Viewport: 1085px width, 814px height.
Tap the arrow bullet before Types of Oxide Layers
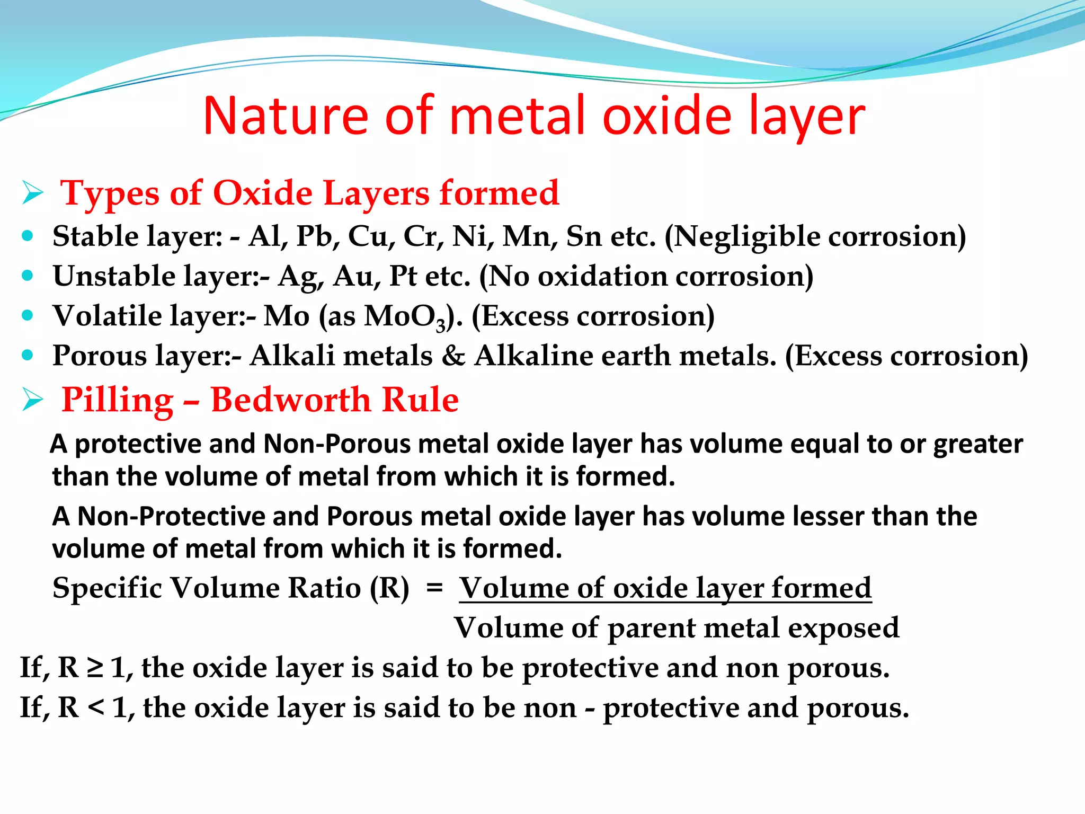point(32,193)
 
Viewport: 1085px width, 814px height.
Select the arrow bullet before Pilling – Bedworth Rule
point(32,400)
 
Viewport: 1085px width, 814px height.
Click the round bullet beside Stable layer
point(28,236)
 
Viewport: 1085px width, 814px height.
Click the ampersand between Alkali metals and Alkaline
point(453,356)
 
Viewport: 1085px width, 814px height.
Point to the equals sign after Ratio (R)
point(434,587)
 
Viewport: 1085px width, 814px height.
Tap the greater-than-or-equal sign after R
point(94,668)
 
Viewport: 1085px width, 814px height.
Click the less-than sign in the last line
point(95,707)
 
